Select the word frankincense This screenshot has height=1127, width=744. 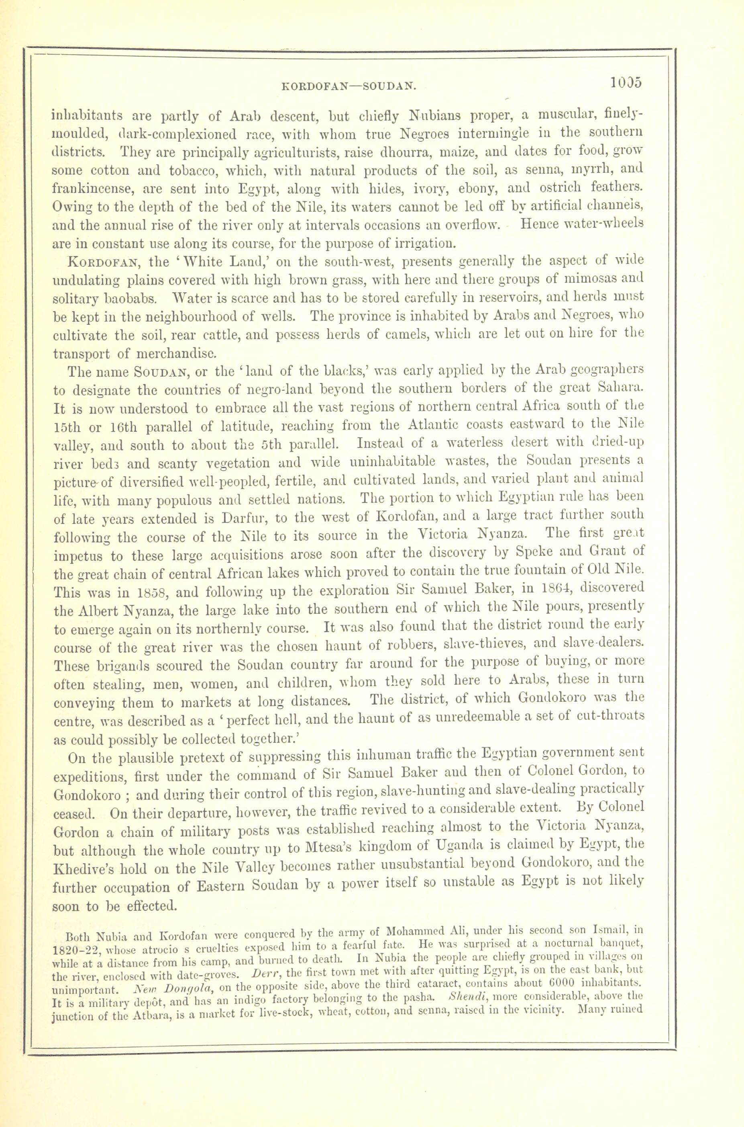point(94,189)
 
